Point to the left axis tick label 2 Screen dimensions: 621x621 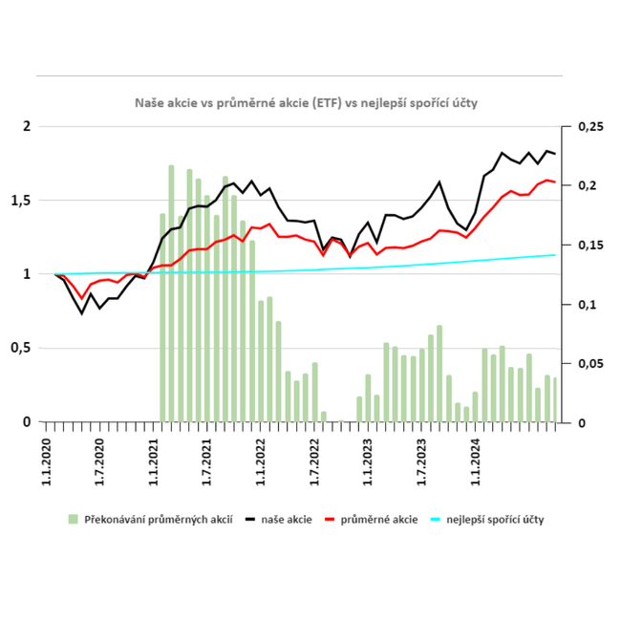(x=28, y=127)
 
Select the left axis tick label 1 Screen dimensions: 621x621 (x=28, y=274)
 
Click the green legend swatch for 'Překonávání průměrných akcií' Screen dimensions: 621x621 (x=74, y=520)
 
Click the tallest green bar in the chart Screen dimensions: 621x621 (x=171, y=293)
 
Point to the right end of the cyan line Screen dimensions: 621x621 (x=556, y=254)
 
